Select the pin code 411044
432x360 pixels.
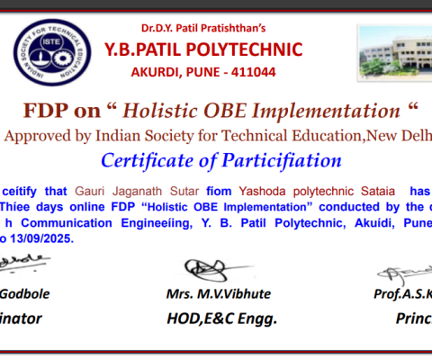pos(255,71)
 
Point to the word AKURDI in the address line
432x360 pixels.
pos(168,71)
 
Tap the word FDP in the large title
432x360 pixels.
pos(48,112)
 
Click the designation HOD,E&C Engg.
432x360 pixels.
pos(221,318)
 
